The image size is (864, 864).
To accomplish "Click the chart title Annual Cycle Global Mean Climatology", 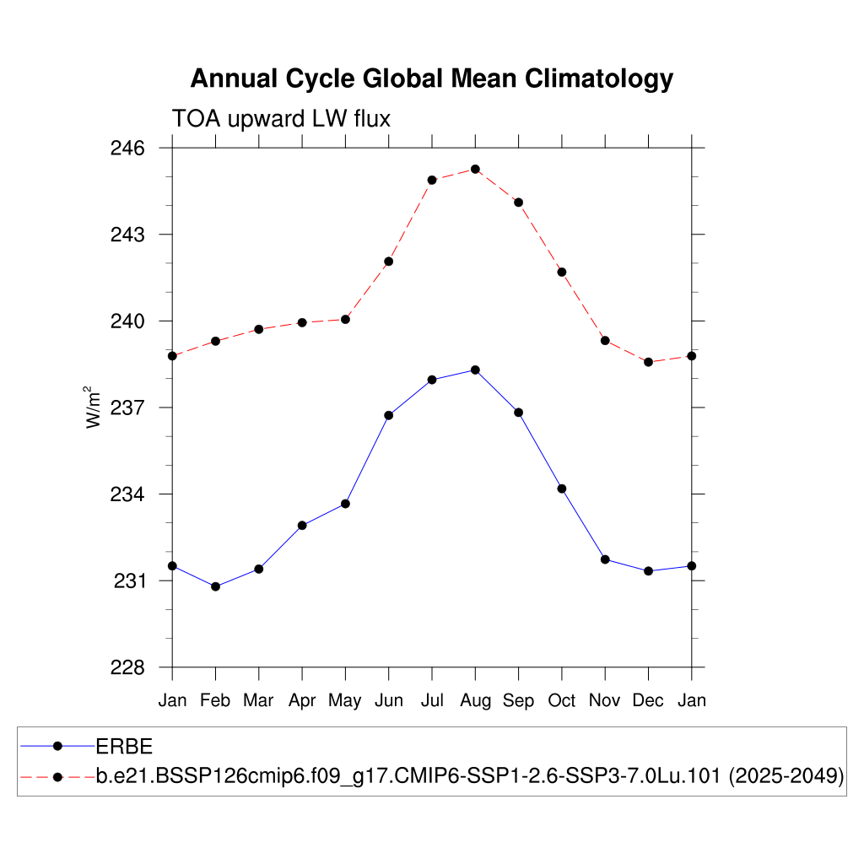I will [431, 78].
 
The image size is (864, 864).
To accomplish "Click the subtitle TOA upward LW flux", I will [281, 119].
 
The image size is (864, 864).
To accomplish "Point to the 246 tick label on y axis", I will [128, 148].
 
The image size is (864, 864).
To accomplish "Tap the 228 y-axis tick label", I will [128, 667].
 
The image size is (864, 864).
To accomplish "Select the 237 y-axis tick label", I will [128, 408].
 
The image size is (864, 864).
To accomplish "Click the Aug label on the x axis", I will [475, 700].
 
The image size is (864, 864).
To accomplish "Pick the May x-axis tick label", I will [345, 700].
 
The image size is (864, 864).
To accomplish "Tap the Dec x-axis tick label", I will [648, 700].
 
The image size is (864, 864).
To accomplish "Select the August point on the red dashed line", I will [475, 169].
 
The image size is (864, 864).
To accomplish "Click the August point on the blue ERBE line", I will [475, 370].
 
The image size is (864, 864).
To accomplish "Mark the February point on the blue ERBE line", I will [215, 586].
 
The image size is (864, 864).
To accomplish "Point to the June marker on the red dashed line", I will [389, 262].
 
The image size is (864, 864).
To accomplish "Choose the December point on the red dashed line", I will [648, 362].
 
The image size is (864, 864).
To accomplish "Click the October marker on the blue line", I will [562, 489].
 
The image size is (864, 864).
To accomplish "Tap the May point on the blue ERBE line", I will [345, 504].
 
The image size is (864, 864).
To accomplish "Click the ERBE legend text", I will [124, 746].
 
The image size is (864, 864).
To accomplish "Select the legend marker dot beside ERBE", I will [57, 746].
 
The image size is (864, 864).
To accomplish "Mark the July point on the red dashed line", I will [432, 180].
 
